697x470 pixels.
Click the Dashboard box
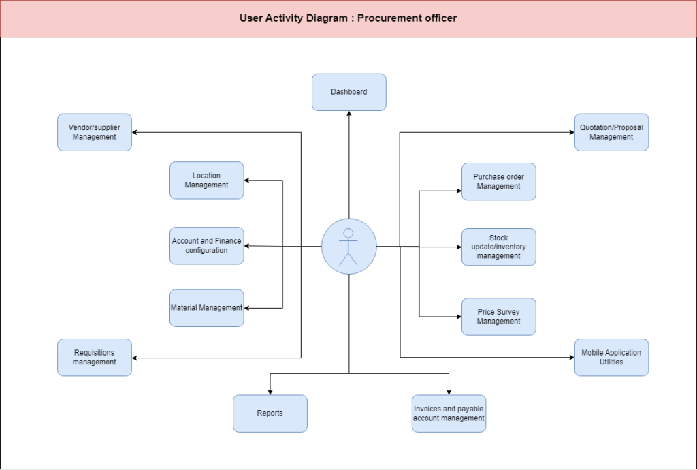(x=349, y=92)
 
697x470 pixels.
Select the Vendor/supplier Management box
(x=95, y=132)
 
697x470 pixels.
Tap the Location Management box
(x=207, y=180)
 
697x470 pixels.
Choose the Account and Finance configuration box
(x=207, y=246)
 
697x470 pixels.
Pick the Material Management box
(x=207, y=308)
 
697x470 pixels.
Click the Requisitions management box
(x=95, y=358)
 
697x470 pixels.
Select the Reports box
(x=270, y=413)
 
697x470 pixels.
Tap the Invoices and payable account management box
(x=449, y=413)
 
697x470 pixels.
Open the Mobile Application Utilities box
(x=612, y=358)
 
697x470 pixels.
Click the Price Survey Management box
(x=499, y=317)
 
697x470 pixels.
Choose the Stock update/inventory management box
(x=499, y=247)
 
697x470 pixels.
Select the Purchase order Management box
(x=499, y=182)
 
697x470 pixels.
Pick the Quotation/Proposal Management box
(x=612, y=132)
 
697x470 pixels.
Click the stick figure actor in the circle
(x=348, y=247)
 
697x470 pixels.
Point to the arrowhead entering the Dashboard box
(x=349, y=113)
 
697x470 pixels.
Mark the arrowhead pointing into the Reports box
(x=270, y=392)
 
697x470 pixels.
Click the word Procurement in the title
(x=386, y=18)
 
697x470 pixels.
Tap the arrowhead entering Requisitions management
(x=135, y=358)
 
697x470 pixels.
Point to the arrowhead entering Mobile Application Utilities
(x=572, y=357)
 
